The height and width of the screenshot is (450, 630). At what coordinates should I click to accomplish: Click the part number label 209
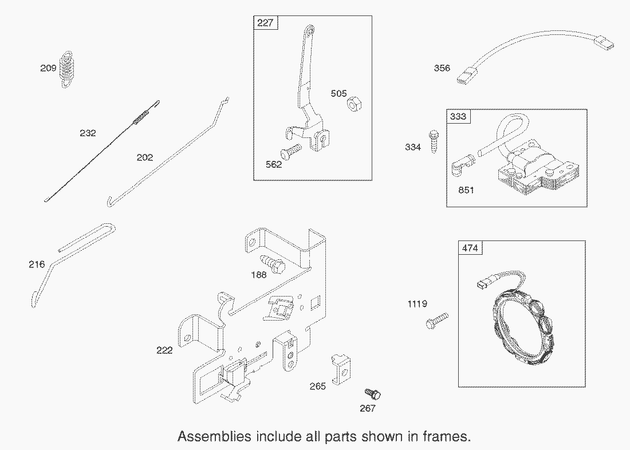pos(48,69)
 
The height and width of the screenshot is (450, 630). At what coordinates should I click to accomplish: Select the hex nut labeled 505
pos(353,104)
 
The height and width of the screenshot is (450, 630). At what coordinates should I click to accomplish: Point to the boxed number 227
pos(265,23)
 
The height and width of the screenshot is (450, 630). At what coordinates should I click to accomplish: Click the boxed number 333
pos(458,117)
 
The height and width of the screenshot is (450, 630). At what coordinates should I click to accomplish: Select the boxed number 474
pos(470,248)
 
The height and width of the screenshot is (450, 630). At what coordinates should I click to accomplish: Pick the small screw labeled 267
pos(373,394)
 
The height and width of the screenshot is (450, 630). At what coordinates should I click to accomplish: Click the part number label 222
pos(164,350)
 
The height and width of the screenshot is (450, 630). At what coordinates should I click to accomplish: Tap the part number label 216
pos(37,264)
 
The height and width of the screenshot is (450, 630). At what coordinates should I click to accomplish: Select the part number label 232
pos(88,133)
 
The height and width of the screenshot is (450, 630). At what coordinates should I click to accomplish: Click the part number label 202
pos(145,157)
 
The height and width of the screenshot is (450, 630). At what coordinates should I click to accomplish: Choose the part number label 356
pos(442,68)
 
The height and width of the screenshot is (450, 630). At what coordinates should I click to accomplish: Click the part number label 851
pos(466,190)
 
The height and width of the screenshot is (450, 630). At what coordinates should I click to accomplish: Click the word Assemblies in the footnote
pos(214,436)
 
